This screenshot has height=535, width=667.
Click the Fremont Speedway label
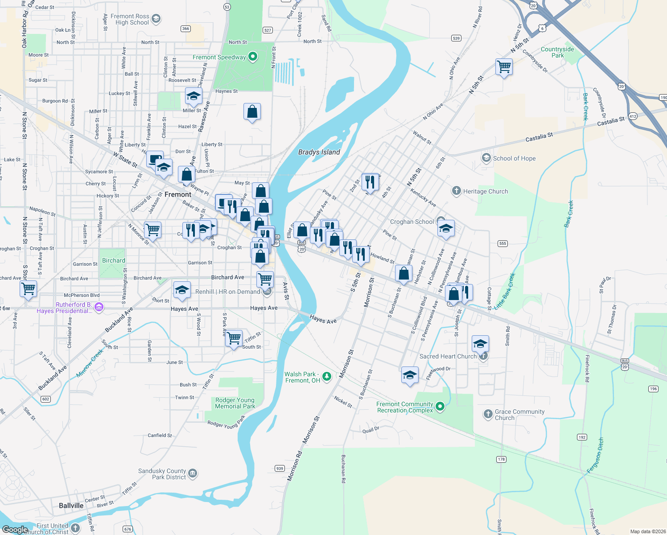[x=219, y=57]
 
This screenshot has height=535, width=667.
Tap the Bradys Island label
[x=319, y=152]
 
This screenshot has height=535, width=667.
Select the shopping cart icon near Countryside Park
[x=504, y=67]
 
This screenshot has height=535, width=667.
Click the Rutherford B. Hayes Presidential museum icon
[x=99, y=307]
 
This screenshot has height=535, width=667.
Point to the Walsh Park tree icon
[x=327, y=377]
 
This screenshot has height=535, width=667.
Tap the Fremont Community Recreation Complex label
[x=405, y=407]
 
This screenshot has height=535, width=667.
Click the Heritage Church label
[x=486, y=191]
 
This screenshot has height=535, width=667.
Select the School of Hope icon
[x=486, y=158]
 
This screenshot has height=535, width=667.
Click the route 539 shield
[x=456, y=38]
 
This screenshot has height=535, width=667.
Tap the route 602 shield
[x=46, y=399]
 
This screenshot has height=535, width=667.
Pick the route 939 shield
[x=280, y=468]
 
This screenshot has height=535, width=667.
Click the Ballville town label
[x=71, y=506]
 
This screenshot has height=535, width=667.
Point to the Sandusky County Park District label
[x=162, y=474]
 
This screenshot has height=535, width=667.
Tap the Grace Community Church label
[x=519, y=415]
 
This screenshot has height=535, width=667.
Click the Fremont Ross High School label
[x=130, y=19]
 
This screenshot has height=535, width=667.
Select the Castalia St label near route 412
[x=611, y=121]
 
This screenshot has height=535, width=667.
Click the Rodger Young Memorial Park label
[x=235, y=403]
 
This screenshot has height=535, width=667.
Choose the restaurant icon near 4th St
[x=370, y=181]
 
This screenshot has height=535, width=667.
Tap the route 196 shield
[x=653, y=389]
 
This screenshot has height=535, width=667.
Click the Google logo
[x=15, y=529]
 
